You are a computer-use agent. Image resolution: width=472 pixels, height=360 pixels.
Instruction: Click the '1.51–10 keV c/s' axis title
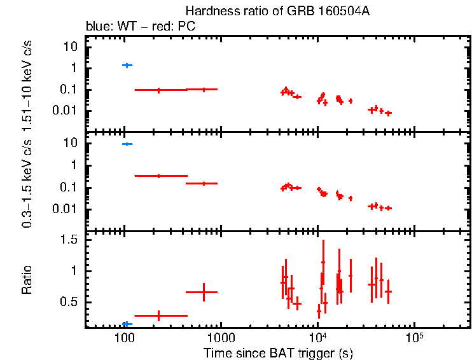27,84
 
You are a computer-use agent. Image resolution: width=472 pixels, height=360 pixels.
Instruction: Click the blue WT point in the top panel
127,65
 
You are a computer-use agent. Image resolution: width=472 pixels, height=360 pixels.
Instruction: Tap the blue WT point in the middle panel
127,144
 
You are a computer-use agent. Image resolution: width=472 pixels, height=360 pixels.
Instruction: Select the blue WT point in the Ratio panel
127,324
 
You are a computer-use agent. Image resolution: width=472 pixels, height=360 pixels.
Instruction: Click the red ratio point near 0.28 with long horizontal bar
158,315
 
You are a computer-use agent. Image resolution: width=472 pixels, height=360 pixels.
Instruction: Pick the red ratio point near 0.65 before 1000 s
204,292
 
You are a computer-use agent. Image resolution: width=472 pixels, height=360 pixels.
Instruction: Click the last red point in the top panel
388,113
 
